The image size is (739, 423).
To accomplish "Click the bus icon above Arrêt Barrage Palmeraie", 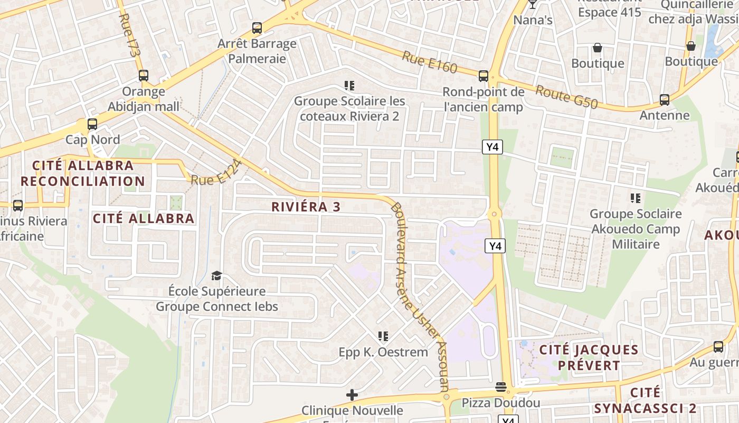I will (x=257, y=28).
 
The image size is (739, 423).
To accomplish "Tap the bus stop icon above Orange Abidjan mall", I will (x=144, y=76).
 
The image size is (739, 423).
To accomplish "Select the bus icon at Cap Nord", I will (x=92, y=125).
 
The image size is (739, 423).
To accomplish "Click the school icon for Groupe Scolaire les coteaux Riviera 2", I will (x=349, y=85).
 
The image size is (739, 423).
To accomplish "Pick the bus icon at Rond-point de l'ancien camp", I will (x=484, y=76).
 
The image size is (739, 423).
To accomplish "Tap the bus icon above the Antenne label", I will (x=665, y=99).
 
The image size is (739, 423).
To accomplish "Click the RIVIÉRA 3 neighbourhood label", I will (x=306, y=207).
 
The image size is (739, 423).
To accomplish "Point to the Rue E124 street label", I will (x=216, y=173).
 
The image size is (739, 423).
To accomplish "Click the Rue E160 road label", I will (x=429, y=61).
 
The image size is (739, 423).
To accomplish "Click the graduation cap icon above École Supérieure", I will (x=217, y=275).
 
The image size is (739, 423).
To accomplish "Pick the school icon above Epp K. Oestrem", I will (x=383, y=336).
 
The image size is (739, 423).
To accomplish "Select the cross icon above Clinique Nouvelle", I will (x=352, y=395).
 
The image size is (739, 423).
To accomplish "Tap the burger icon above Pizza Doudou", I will (x=501, y=388).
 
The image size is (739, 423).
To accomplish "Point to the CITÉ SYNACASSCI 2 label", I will (x=645, y=400).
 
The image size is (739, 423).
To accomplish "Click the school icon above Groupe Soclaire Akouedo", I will (x=636, y=198).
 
